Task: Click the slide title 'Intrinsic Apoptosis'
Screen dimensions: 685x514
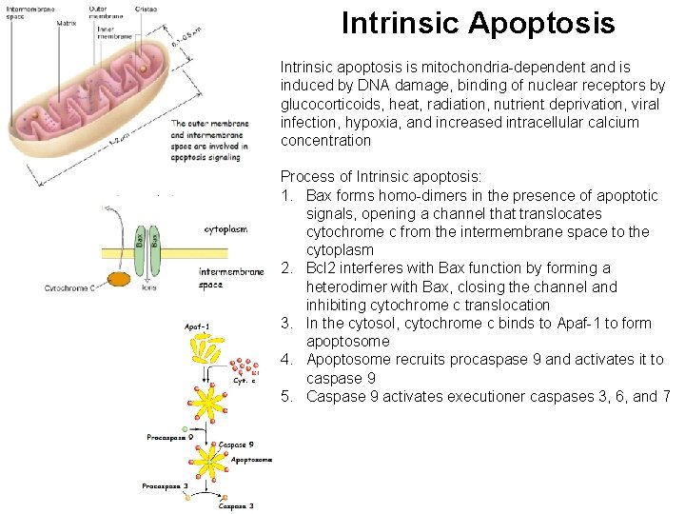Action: coord(478,23)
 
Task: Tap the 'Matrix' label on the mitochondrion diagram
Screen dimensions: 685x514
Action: coord(67,23)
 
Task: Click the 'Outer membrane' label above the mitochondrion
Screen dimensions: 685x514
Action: coord(106,11)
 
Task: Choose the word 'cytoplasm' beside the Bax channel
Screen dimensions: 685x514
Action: coord(225,229)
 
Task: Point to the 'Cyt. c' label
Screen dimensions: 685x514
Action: coord(245,381)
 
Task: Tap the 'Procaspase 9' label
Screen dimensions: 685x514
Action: coord(170,438)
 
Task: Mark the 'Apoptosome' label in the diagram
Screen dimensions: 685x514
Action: coord(252,459)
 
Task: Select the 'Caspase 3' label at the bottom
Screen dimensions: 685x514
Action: coord(236,506)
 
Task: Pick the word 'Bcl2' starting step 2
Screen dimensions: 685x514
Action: coord(323,268)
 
